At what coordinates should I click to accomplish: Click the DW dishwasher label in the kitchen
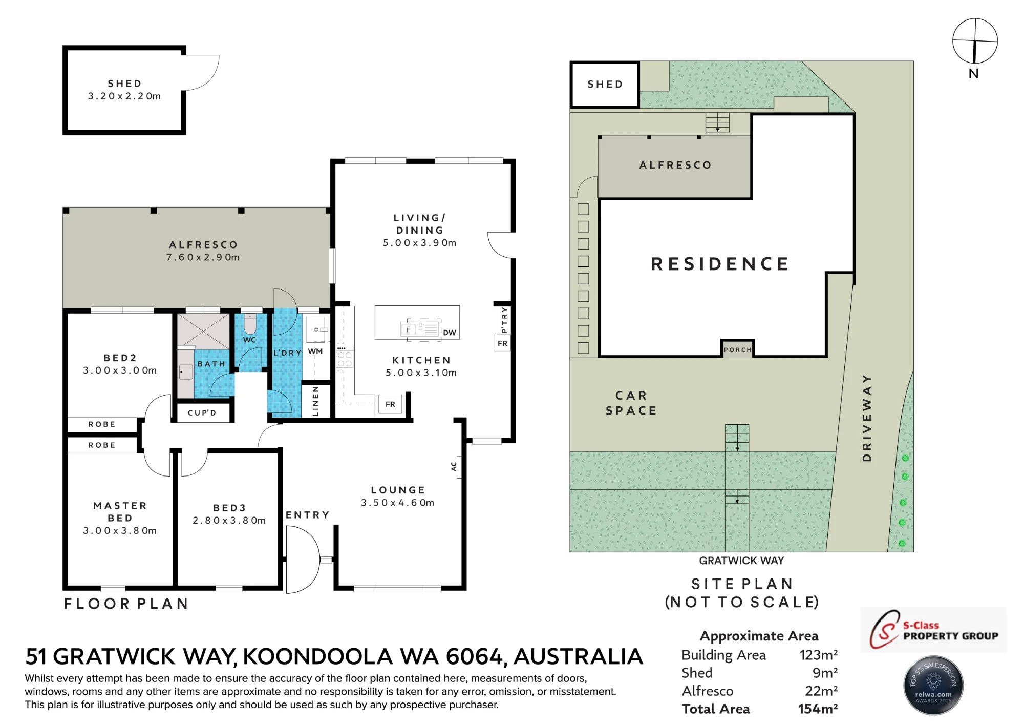click(449, 333)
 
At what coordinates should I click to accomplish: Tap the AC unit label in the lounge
click(454, 467)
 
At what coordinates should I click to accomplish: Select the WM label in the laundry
click(315, 351)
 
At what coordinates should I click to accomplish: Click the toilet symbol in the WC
click(250, 323)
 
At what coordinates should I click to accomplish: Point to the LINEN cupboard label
click(315, 401)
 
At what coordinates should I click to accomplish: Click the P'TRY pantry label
click(504, 320)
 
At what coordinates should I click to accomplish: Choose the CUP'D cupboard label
click(202, 413)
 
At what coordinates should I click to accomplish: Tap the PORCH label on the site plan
click(738, 350)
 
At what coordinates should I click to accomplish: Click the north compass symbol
click(975, 42)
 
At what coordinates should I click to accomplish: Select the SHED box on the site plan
click(605, 85)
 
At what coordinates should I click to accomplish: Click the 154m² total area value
click(818, 709)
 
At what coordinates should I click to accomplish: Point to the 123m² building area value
click(819, 655)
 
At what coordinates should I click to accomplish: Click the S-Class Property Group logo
click(933, 630)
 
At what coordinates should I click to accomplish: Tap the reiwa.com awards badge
click(933, 686)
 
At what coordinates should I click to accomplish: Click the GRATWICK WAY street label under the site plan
click(741, 561)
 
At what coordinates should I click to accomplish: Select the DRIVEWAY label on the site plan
click(867, 418)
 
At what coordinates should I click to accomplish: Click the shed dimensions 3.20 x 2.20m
click(124, 96)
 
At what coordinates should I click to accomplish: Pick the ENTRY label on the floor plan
click(307, 515)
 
